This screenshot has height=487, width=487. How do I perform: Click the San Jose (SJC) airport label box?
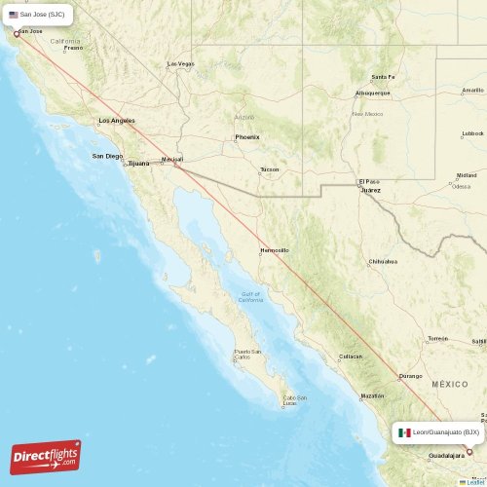pyautogui.click(x=37, y=15)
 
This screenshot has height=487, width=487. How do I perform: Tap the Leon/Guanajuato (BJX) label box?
pyautogui.click(x=438, y=431)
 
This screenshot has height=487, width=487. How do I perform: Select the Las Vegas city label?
pyautogui.click(x=181, y=64)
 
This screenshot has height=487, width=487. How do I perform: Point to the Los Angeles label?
pyautogui.click(x=117, y=121)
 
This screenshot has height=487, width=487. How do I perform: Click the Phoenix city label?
pyautogui.click(x=246, y=137)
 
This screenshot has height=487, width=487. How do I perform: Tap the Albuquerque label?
pyautogui.click(x=372, y=93)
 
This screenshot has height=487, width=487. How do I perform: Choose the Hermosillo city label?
pyautogui.click(x=274, y=250)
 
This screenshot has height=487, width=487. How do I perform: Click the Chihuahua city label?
pyautogui.click(x=382, y=262)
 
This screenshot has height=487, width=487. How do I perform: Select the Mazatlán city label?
pyautogui.click(x=371, y=396)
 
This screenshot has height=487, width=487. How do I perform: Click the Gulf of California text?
pyautogui.click(x=251, y=297)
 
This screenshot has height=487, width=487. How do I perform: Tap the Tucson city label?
pyautogui.click(x=270, y=169)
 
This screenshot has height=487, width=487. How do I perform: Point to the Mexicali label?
pyautogui.click(x=171, y=159)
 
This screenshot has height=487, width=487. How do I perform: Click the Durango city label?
pyautogui.click(x=410, y=376)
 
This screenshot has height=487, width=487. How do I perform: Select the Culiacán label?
pyautogui.click(x=350, y=356)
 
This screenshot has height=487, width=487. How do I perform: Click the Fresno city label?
pyautogui.click(x=74, y=48)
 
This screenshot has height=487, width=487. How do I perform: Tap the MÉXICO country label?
pyautogui.click(x=450, y=385)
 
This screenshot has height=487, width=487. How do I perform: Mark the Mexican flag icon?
pyautogui.click(x=404, y=431)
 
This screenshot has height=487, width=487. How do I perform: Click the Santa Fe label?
pyautogui.click(x=383, y=77)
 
